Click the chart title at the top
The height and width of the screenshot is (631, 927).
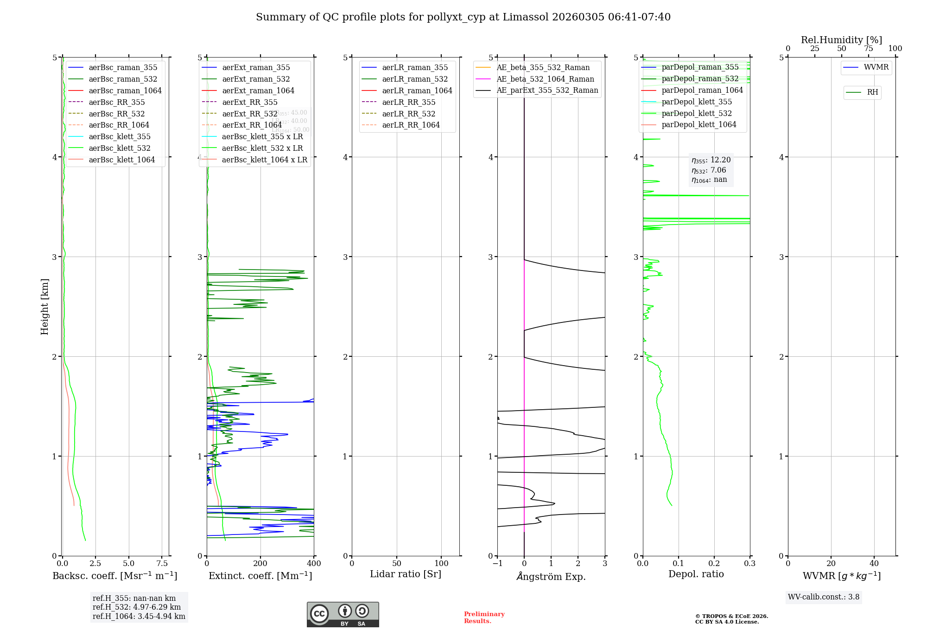pos(463,17)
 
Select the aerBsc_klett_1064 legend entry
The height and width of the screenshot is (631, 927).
pos(121,160)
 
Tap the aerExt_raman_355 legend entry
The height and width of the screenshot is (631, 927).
pos(256,68)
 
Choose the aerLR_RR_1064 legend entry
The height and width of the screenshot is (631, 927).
pos(411,125)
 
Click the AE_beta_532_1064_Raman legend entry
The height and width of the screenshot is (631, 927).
pos(545,79)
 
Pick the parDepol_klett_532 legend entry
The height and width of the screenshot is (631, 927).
pos(697,114)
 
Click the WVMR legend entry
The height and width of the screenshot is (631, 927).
pos(876,68)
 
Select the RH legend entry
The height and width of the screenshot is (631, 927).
pos(872,92)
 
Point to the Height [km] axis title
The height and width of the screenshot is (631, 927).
pos(44,306)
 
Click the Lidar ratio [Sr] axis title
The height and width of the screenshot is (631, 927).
pos(406,574)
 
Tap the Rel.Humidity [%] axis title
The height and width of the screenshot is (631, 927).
pos(841,40)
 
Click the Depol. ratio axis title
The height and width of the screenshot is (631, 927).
pos(696,574)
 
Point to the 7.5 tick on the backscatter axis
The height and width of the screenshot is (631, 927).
pos(162,564)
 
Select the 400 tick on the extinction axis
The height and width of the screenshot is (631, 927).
pos(314,564)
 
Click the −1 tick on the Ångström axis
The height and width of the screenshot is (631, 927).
pos(497,564)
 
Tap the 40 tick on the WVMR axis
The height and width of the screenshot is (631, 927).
pos(874,564)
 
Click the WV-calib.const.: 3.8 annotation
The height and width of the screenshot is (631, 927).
pos(823,597)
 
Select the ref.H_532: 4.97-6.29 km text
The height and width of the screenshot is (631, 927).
pos(137,607)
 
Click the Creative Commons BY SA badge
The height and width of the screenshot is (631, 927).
pos(343,614)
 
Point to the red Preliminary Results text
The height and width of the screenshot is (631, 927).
pos(484,618)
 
